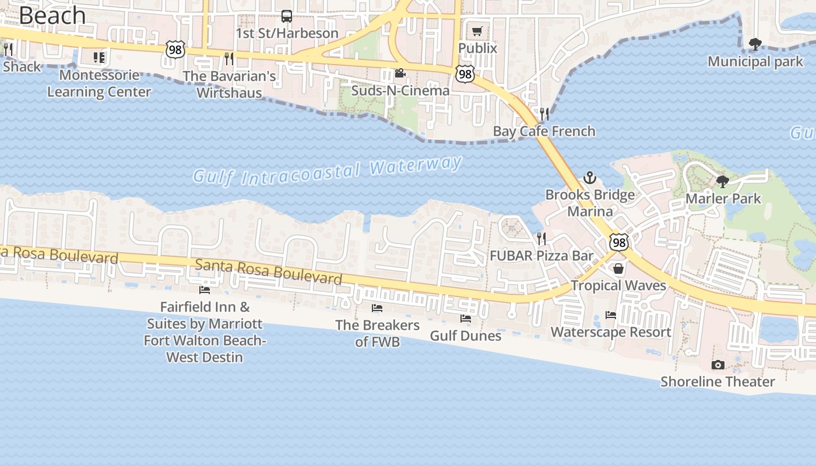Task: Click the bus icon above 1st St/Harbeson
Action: [287, 16]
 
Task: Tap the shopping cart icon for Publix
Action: [477, 31]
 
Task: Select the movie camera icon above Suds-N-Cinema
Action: [400, 73]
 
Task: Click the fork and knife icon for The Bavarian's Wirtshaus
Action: [229, 58]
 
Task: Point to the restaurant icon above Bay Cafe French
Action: [544, 114]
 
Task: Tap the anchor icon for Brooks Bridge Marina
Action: [590, 177]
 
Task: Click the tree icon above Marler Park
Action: [723, 181]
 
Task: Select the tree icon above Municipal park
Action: [755, 44]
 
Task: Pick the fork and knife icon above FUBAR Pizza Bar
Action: [541, 238]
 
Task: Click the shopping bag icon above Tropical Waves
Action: [618, 269]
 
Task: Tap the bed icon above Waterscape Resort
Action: [611, 315]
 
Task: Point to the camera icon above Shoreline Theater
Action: [718, 365]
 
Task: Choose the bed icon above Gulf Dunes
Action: [465, 319]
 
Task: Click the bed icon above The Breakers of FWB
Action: [377, 308]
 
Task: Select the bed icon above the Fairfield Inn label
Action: [205, 290]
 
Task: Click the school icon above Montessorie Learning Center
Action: [99, 58]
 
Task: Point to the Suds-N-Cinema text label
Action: [400, 91]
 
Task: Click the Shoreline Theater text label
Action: [717, 382]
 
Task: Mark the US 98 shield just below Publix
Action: [465, 73]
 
